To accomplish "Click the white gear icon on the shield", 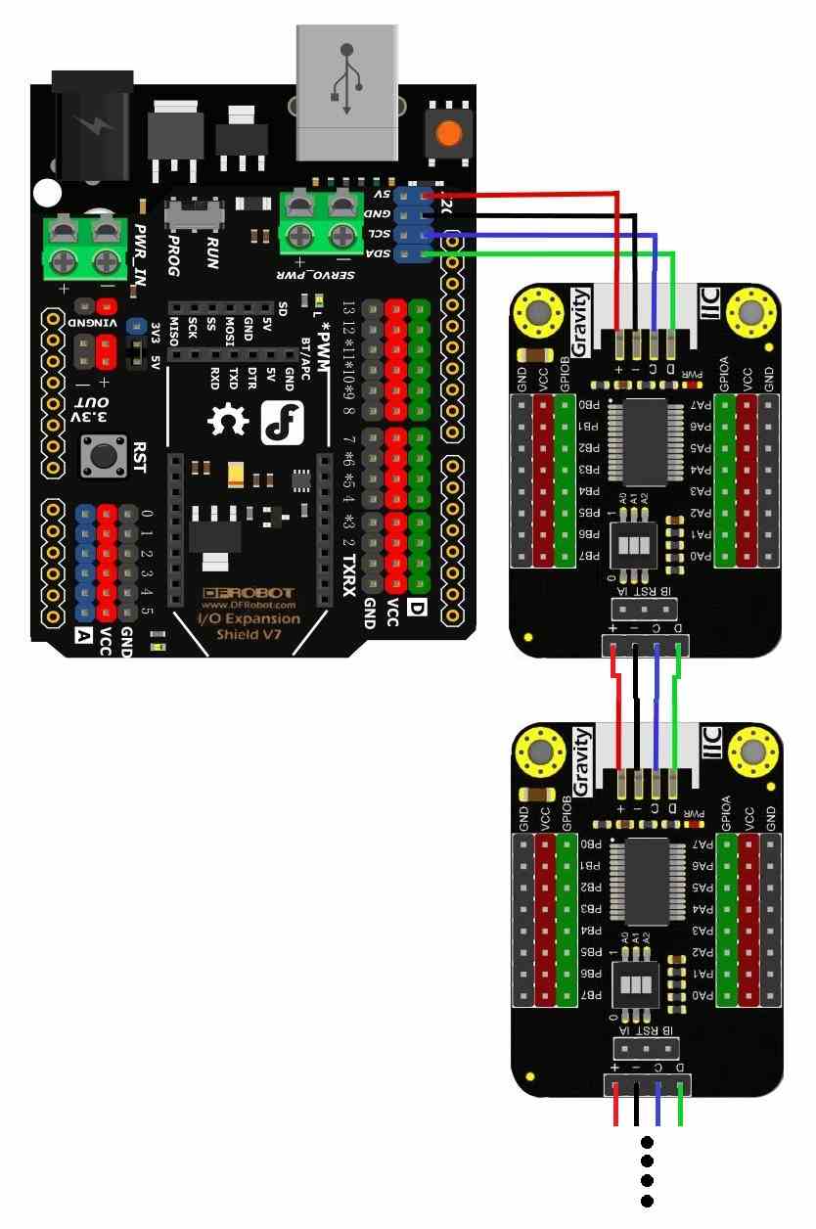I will [x=230, y=422].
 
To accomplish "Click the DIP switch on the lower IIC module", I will [x=632, y=981].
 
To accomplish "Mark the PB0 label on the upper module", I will [x=590, y=404].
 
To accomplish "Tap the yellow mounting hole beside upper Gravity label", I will [x=538, y=312].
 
